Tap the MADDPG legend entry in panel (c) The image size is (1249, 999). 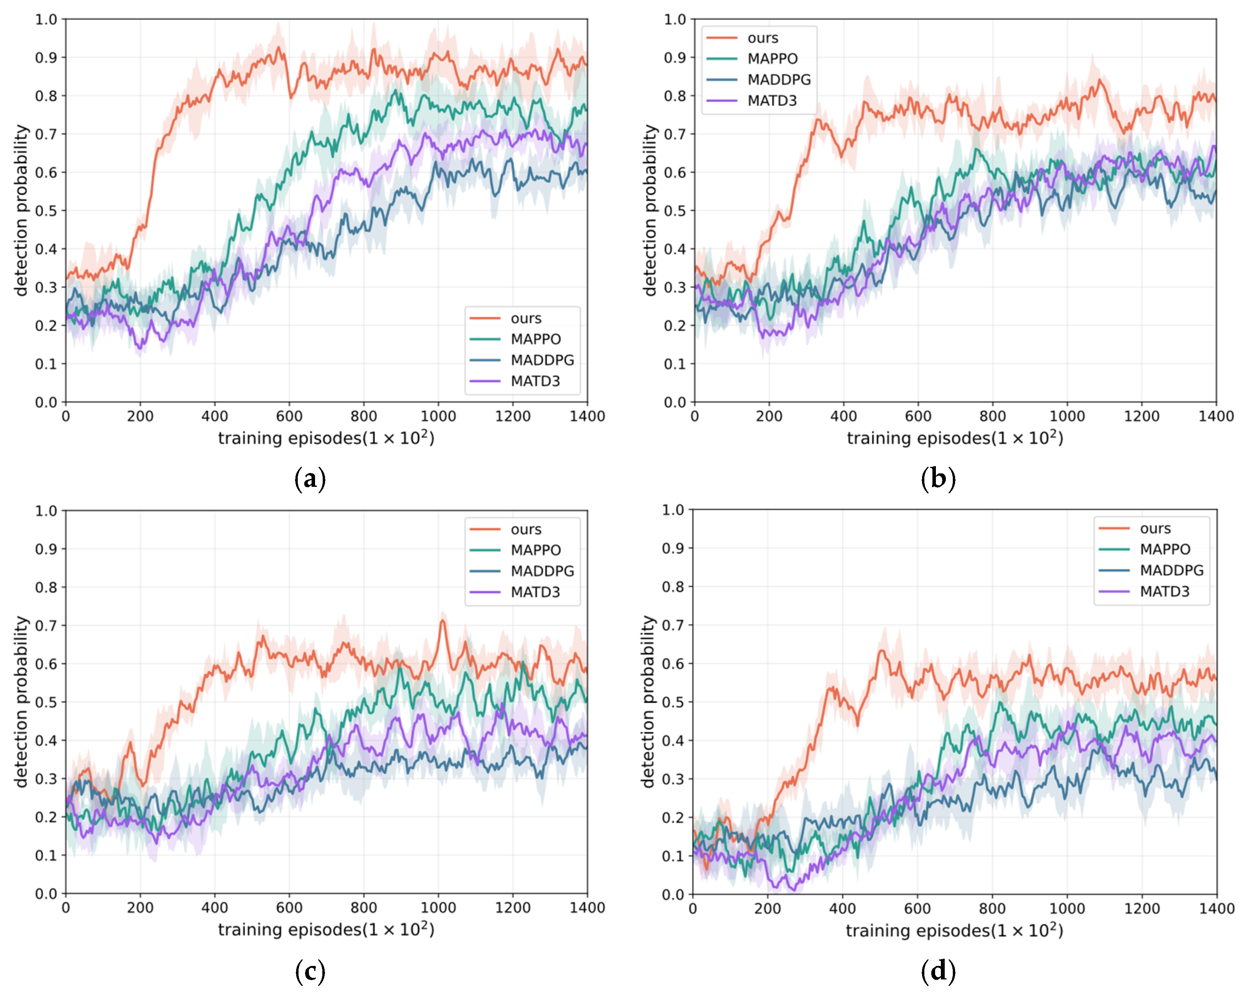coord(521,571)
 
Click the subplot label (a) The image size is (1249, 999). coord(310,479)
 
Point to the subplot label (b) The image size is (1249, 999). coord(938,479)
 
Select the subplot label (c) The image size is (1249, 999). coord(310,972)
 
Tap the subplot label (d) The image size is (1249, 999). coord(938,972)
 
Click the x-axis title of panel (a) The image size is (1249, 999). coord(326,438)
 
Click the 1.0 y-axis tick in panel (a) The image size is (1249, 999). coord(46,20)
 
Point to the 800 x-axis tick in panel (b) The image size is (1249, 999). coord(992,416)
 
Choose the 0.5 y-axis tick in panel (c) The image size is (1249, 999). coord(46,702)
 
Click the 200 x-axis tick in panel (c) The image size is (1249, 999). coord(140,908)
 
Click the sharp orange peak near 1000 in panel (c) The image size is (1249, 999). coord(443,621)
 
